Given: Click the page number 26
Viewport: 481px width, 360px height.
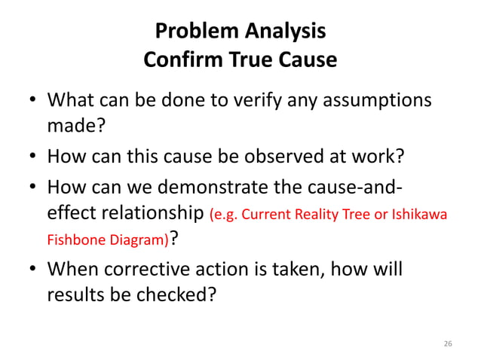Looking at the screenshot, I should [448, 343].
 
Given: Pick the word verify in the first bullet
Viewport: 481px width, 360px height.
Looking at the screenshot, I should [254, 100].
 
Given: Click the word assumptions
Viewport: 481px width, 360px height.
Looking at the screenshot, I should [378, 100].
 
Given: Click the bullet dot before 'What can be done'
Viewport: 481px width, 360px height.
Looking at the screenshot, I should [29, 101].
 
